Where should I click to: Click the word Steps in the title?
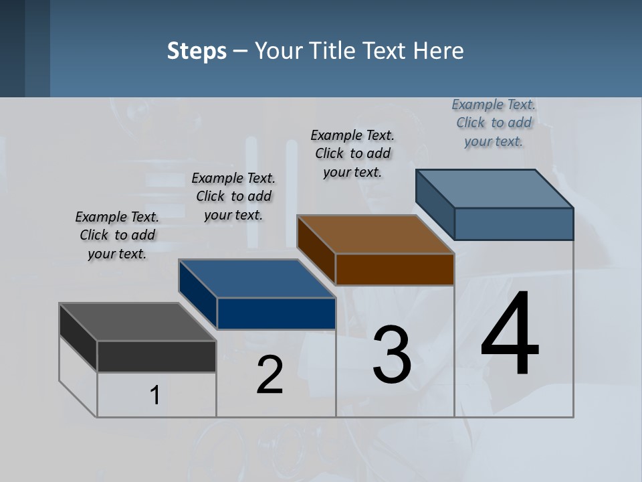point(197,51)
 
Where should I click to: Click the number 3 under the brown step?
point(392,355)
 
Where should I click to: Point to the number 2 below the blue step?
point(270,375)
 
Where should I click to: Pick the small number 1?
point(154,396)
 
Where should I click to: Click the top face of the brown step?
point(375,234)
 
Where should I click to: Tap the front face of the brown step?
point(395,269)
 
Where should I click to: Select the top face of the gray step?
point(138,322)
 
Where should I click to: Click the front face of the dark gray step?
point(156,356)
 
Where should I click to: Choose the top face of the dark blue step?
point(257,278)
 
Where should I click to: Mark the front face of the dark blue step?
point(276,313)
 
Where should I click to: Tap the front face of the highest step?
point(514,224)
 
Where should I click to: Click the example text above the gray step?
point(117,235)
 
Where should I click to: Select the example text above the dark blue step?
point(233,196)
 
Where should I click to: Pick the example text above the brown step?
point(352,153)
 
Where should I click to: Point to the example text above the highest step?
point(494,123)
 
